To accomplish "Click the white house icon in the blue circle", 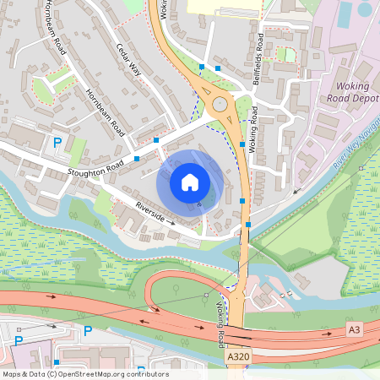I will pyautogui.click(x=190, y=182).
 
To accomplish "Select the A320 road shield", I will pyautogui.click(x=239, y=359).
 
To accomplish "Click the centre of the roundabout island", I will pyautogui.click(x=221, y=106).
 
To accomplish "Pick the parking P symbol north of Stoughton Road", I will pyautogui.click(x=57, y=144).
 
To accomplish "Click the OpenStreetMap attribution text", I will pyautogui.click(x=84, y=374).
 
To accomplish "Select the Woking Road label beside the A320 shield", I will pyautogui.click(x=221, y=323).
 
